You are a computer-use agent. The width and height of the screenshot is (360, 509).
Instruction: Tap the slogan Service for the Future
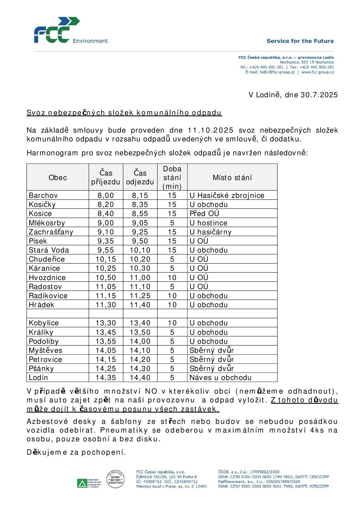[300, 41]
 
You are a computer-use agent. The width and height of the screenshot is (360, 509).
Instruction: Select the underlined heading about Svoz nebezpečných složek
[124, 113]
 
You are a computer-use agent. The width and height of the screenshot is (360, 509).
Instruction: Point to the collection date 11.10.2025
[211, 130]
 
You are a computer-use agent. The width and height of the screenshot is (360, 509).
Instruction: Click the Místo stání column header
[232, 177]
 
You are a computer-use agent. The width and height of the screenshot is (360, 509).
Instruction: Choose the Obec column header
[58, 177]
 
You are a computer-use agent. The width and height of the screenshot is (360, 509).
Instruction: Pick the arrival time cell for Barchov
[106, 195]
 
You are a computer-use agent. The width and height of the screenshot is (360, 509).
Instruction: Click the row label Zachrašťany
[51, 232]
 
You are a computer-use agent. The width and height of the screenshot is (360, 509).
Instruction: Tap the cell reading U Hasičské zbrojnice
[227, 195]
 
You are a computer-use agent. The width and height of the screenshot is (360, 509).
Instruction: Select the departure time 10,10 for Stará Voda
[140, 250]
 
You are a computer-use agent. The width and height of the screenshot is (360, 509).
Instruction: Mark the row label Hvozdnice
[47, 278]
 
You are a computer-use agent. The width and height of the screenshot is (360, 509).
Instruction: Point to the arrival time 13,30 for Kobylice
[106, 323]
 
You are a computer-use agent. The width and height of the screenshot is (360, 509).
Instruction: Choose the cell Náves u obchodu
[220, 378]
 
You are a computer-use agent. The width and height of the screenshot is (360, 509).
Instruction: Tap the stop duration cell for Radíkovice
[172, 296]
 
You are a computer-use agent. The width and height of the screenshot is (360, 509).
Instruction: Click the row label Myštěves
[45, 350]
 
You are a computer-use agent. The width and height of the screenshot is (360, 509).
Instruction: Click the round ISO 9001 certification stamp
[115, 479]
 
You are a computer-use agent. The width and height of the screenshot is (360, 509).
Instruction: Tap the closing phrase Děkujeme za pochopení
[76, 452]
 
